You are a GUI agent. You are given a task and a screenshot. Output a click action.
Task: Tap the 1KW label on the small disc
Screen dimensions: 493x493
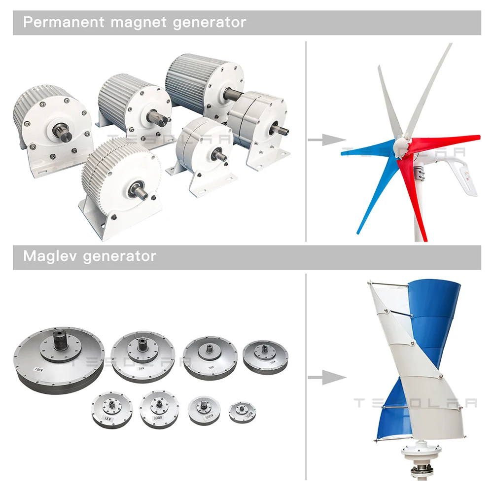click(x=107, y=419)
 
